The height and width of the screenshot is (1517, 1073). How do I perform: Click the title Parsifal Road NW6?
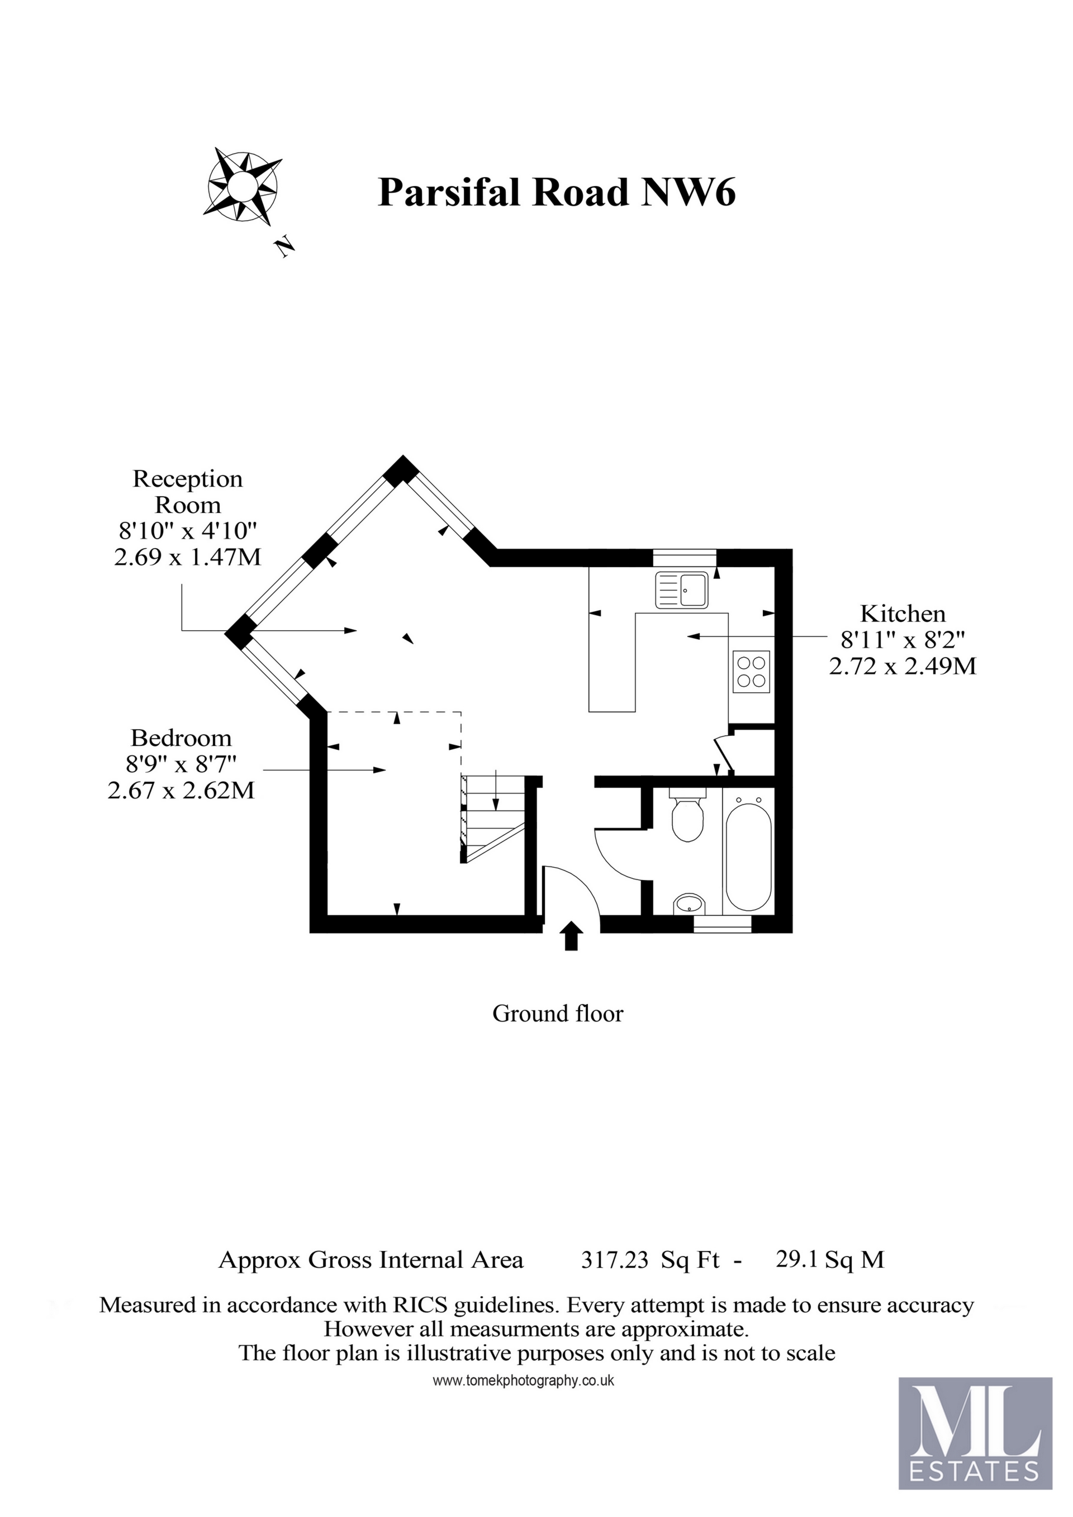tap(556, 193)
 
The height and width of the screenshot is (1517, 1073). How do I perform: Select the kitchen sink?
tap(682, 589)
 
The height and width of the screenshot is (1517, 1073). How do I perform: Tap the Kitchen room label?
tap(903, 614)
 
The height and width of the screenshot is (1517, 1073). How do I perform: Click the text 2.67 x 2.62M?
tap(181, 790)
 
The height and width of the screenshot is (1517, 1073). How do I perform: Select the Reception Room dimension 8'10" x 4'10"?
tap(187, 531)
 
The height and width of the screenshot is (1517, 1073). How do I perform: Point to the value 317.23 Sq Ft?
tap(650, 1260)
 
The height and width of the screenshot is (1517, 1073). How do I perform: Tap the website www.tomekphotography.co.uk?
tap(523, 1381)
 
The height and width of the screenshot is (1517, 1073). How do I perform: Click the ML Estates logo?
tap(975, 1434)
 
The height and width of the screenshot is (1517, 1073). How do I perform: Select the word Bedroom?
tap(181, 738)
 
